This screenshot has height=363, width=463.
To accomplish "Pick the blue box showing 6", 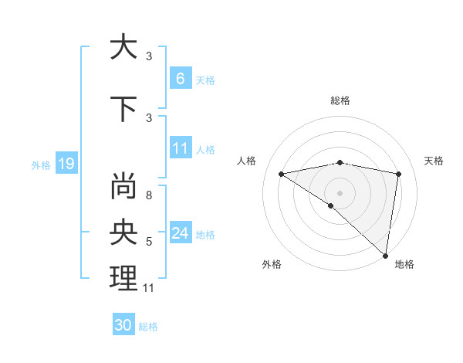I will click(180, 79).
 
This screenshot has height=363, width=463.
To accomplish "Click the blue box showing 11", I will click(180, 148).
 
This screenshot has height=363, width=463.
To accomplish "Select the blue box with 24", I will click(180, 233).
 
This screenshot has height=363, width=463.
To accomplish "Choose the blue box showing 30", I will click(123, 325).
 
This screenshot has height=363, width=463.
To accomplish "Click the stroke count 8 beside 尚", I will click(149, 195).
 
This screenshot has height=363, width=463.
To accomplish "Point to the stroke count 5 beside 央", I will click(149, 242).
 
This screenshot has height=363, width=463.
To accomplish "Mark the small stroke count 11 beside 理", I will click(150, 288).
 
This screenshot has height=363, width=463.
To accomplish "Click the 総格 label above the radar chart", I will click(340, 100).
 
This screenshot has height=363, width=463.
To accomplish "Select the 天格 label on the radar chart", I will click(434, 161).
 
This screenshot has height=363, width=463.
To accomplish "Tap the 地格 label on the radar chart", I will click(404, 264).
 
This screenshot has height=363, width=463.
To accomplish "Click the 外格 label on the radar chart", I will click(271, 264).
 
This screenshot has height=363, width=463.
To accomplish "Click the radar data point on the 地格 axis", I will click(385, 254).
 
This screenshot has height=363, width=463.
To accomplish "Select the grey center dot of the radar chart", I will click(340, 192).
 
